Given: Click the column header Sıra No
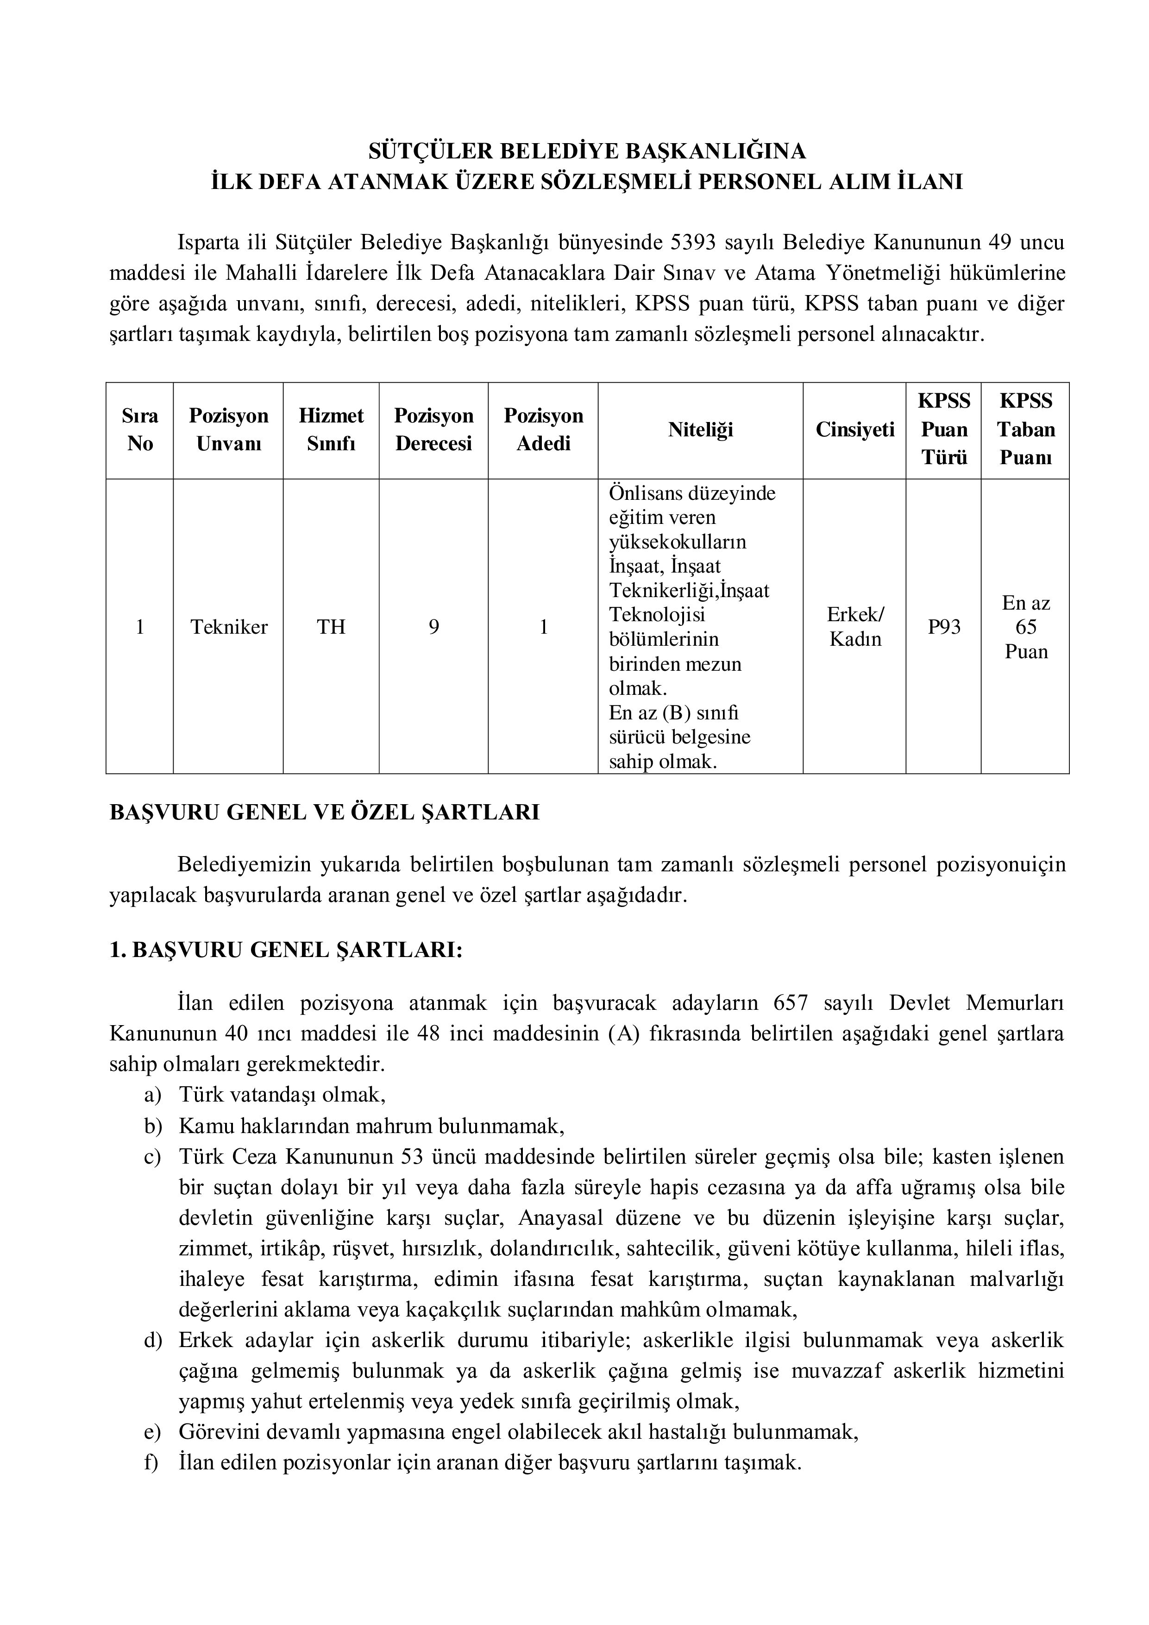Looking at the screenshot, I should coord(140,429).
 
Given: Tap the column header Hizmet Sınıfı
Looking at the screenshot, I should coord(331,429).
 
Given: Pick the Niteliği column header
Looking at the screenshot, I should coord(700,429).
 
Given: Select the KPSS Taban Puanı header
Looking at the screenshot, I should coord(1025,429).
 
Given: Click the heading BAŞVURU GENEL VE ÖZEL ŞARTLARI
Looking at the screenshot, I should coord(325,812).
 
